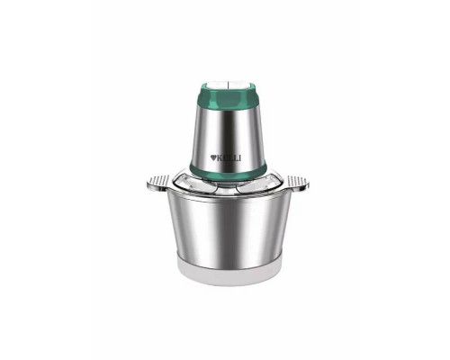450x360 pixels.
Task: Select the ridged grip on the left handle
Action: tap(154, 186)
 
